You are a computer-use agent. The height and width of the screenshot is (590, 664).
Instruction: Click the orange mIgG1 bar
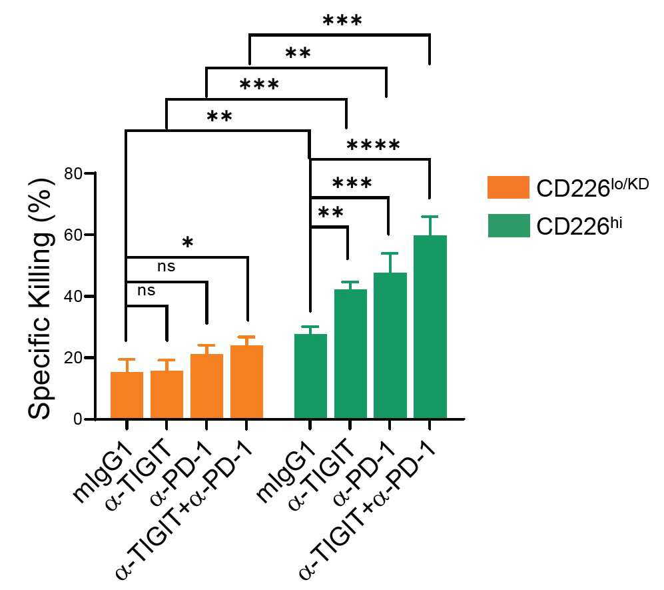(x=127, y=395)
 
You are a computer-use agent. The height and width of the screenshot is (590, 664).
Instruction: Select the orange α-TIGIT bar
(x=167, y=395)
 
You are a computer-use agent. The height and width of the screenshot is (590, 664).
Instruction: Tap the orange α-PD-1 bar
(x=206, y=386)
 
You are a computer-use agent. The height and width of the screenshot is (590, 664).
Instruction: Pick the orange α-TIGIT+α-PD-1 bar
(x=247, y=382)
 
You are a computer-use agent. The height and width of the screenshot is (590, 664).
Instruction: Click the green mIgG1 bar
(x=310, y=377)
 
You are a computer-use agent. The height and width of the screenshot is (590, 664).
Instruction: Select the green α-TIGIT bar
(x=350, y=354)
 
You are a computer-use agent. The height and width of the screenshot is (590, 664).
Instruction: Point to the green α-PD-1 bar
(x=390, y=346)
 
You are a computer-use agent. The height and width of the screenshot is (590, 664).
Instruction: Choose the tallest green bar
(x=430, y=327)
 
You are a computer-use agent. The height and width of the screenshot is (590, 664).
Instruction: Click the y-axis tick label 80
(x=73, y=173)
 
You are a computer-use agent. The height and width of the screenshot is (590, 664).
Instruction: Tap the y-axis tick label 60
(x=73, y=235)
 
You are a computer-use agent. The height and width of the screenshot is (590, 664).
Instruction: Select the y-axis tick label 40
(x=73, y=296)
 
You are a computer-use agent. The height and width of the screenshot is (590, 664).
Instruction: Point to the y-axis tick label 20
(x=73, y=358)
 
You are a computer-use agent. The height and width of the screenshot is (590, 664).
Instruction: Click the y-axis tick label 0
(x=78, y=419)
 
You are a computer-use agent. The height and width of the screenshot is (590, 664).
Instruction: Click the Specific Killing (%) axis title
(x=41, y=299)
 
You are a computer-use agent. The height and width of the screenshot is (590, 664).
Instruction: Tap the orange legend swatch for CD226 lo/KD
(x=508, y=187)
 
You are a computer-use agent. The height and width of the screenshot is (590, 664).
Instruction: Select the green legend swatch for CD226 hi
(x=509, y=225)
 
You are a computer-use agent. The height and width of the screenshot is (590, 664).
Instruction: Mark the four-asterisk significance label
(x=373, y=145)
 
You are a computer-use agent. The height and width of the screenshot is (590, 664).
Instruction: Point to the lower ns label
(x=147, y=291)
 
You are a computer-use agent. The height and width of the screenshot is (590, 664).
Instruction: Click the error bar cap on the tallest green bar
(x=430, y=217)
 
